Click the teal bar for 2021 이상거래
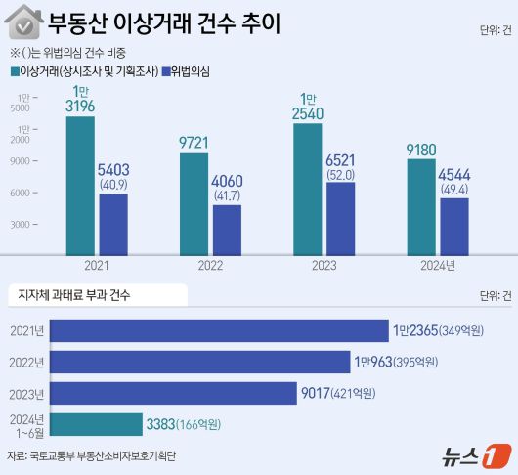80,185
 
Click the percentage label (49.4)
453,188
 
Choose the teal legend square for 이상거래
15,71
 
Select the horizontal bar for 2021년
219,330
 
